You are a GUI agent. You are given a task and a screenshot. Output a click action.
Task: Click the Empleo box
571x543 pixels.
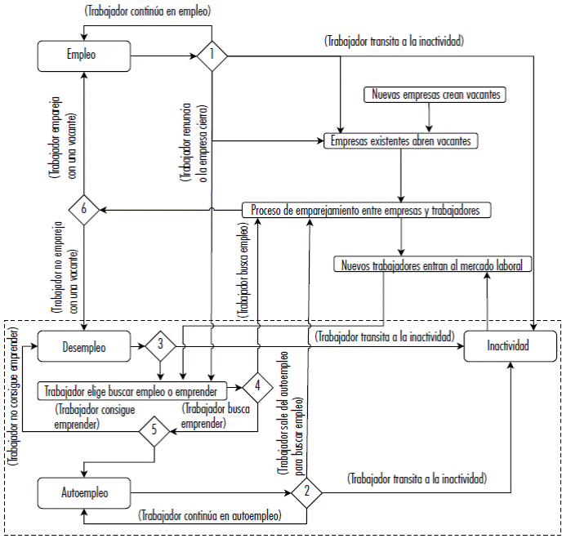click(x=85, y=56)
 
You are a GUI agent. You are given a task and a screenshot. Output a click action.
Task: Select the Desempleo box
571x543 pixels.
click(x=84, y=346)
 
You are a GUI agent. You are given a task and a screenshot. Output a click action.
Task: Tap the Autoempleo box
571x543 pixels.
click(x=84, y=493)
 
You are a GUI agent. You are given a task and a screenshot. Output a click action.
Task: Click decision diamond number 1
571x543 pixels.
click(x=212, y=56)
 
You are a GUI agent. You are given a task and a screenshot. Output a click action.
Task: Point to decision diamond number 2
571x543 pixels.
click(x=306, y=492)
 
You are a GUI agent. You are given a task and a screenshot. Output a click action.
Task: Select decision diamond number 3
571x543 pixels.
click(x=161, y=346)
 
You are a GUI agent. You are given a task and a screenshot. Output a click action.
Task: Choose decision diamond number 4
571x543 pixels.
click(x=257, y=385)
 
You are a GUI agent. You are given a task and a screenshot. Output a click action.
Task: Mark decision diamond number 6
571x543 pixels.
click(x=84, y=210)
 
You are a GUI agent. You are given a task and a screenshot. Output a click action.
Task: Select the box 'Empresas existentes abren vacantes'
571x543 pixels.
click(x=400, y=141)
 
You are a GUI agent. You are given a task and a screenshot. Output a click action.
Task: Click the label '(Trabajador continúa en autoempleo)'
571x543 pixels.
click(x=211, y=517)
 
